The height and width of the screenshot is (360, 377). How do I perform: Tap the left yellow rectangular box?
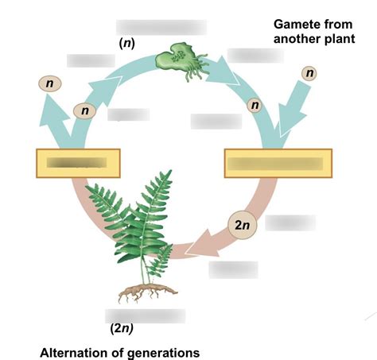pos(77,163)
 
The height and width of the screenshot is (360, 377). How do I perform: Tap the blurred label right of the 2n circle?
pos(290,223)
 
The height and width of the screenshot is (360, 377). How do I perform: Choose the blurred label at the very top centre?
pos(161,26)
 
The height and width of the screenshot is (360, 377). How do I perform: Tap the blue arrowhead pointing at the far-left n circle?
pos(55,108)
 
